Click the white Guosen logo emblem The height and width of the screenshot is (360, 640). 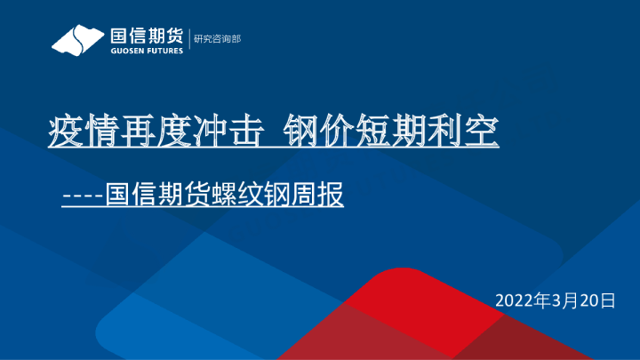coord(77,40)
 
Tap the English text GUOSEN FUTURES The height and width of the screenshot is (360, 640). coord(146,51)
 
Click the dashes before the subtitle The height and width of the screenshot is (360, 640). coord(83,194)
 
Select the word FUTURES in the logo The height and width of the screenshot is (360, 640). coord(164,51)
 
